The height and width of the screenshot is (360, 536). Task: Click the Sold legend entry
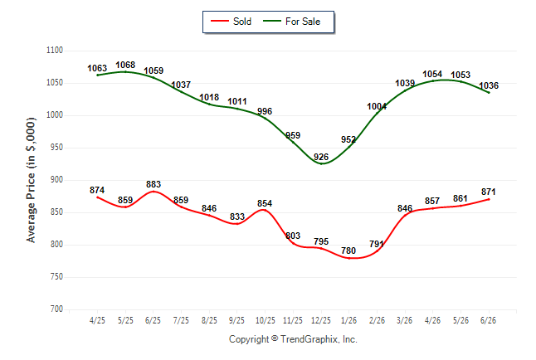[231, 22]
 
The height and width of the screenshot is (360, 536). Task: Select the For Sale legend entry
[291, 22]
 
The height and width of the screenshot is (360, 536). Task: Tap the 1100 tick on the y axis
[55, 51]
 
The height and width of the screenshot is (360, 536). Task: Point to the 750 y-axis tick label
[56, 276]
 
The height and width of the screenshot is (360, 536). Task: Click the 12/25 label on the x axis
[321, 320]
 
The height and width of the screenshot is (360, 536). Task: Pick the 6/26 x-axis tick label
[488, 320]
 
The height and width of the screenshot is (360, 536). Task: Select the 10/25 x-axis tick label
[265, 320]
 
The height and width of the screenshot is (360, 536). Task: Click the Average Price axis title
[31, 180]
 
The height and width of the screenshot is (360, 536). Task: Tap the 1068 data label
[125, 65]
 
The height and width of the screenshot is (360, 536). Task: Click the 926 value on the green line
[321, 157]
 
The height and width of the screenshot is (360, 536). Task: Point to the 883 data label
[153, 184]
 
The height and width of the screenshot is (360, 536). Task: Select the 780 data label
[348, 251]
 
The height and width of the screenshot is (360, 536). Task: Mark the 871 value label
[488, 192]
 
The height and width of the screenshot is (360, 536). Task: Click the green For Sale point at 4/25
[97, 75]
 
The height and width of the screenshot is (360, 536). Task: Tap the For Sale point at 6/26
[489, 93]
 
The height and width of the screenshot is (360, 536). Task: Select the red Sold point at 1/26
[349, 258]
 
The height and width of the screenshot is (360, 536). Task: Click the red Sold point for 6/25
[153, 192]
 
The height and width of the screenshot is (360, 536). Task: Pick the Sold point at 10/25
[264, 210]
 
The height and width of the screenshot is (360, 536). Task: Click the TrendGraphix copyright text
[293, 339]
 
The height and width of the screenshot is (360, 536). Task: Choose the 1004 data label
[377, 106]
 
